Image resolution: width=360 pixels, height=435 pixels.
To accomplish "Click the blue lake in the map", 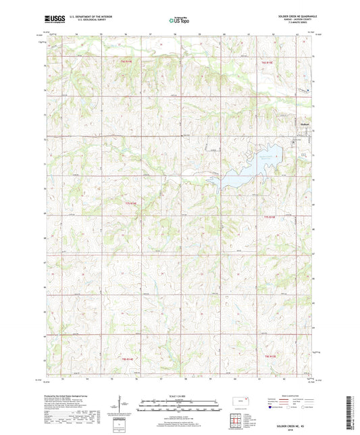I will click(x=233, y=178).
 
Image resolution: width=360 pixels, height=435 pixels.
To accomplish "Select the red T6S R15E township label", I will click(x=268, y=62).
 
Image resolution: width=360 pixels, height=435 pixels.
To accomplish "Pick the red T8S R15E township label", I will click(x=270, y=355).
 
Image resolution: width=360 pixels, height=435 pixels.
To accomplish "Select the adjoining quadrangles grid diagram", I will click(x=238, y=422).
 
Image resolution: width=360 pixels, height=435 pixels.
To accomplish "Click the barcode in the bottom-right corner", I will click(x=352, y=414).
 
